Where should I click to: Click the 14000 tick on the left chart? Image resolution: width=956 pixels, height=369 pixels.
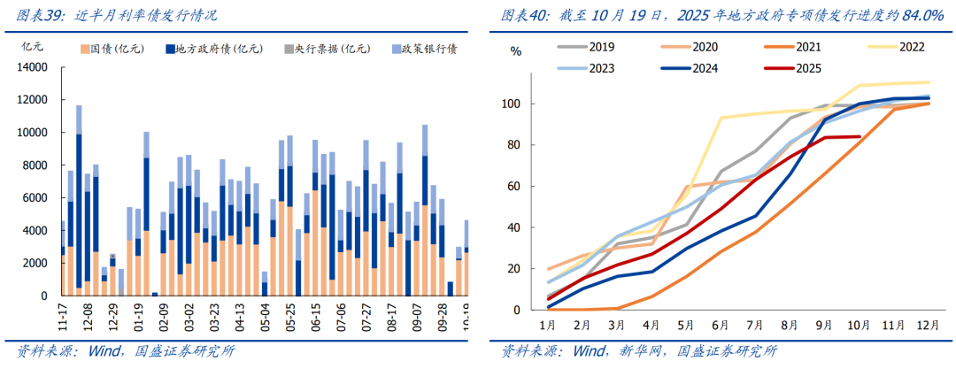(32, 67)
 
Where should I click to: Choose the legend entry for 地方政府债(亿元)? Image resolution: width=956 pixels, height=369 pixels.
(221, 49)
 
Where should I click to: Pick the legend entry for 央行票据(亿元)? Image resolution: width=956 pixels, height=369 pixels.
(331, 49)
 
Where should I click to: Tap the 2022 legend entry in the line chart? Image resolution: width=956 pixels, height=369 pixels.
(893, 47)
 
